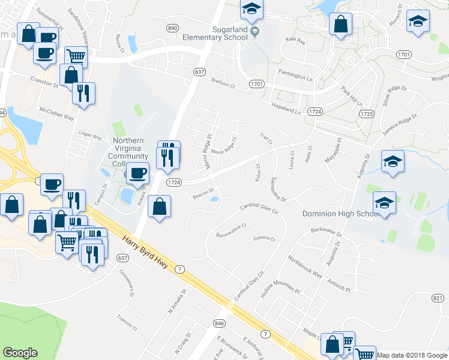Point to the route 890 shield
(x=173, y=28)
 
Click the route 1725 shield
(x=367, y=113)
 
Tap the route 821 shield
(x=438, y=297)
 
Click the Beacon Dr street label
(x=203, y=193)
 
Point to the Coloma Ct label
(x=264, y=239)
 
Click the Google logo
(x=20, y=353)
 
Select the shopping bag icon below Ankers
(x=158, y=206)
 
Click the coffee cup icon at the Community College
(x=138, y=172)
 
